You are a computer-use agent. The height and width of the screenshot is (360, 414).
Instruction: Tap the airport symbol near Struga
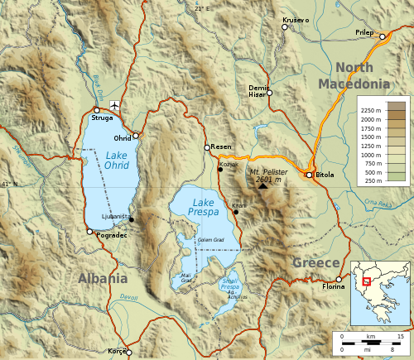click(113, 105)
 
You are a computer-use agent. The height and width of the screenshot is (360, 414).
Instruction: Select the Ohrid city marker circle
click(136, 134)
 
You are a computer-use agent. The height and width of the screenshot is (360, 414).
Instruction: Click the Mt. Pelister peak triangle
click(263, 185)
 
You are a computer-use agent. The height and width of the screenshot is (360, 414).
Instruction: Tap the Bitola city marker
click(309, 175)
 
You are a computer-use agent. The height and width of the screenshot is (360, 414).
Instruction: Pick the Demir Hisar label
click(259, 90)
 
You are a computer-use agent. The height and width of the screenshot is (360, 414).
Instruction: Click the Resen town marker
click(208, 148)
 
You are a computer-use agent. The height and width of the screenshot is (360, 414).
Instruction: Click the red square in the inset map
click(364, 281)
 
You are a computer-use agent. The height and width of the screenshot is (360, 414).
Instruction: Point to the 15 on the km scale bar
click(400, 337)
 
